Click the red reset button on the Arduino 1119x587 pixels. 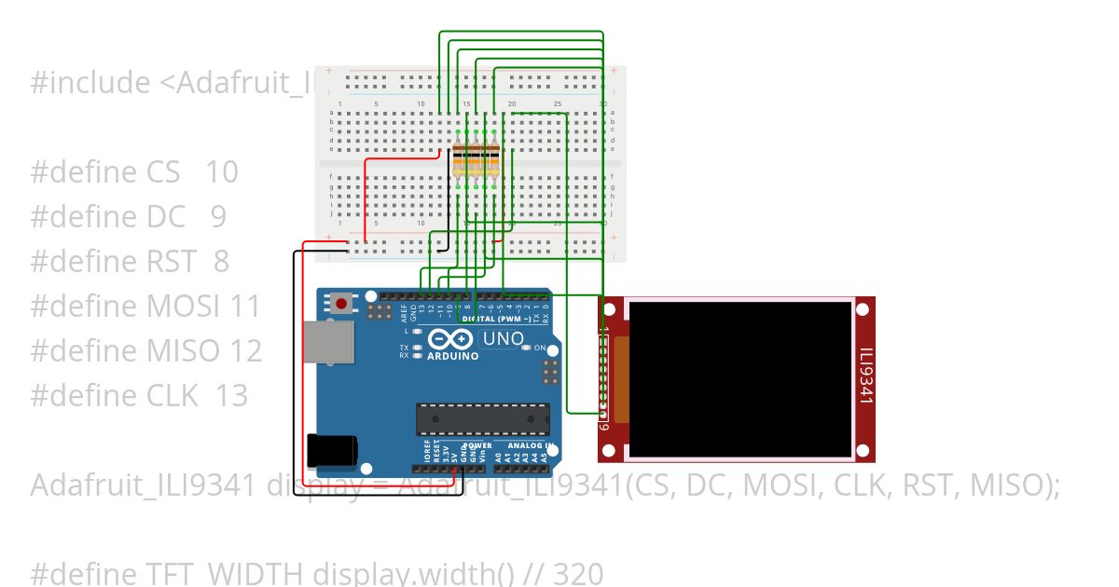(342, 304)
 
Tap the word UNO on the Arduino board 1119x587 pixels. (503, 339)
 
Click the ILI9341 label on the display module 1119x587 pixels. (865, 377)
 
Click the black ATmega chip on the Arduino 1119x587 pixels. (482, 419)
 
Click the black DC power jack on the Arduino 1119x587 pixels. (331, 449)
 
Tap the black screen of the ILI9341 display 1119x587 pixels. (740, 378)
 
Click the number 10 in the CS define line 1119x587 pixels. (222, 172)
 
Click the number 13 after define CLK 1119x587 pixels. (231, 395)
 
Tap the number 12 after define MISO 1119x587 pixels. (246, 350)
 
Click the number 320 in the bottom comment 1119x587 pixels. (578, 573)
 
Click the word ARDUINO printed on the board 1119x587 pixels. (452, 356)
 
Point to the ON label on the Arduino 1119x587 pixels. (540, 348)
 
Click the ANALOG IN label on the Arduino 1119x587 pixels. (525, 445)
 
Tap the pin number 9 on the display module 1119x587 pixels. (604, 426)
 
